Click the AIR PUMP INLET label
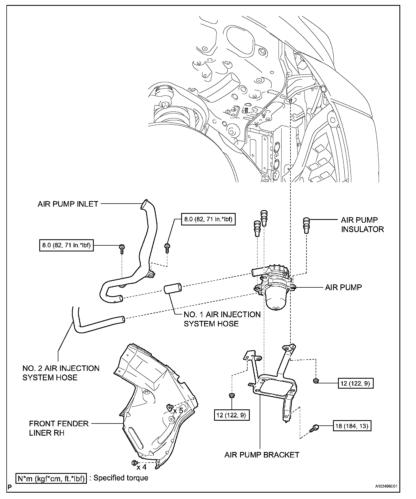tap(68, 204)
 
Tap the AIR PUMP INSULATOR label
tap(362, 225)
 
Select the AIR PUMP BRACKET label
tap(262, 454)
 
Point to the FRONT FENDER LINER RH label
tap(59, 428)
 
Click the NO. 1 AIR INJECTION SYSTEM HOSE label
tap(222, 319)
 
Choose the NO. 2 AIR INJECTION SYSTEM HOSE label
tap(61, 373)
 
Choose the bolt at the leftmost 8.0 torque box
tap(121, 249)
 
